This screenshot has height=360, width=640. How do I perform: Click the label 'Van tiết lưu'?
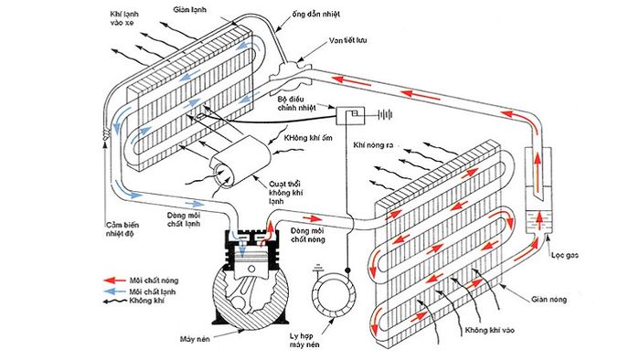point(347,40)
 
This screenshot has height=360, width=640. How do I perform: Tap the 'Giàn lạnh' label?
point(189,9)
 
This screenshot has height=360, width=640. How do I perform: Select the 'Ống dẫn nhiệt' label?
point(315,15)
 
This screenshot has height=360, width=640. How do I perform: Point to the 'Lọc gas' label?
point(564,256)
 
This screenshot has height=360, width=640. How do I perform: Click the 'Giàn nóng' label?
point(549,300)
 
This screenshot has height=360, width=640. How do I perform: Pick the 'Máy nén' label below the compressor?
point(195,339)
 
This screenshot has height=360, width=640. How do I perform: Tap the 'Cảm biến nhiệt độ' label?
point(121,229)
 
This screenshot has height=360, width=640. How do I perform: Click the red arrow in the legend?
point(114,281)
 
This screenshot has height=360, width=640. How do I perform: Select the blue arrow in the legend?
point(114,291)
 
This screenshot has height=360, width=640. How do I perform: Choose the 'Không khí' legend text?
point(146,301)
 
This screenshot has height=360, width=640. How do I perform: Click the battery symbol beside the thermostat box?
point(385,115)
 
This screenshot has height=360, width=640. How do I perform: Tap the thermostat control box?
point(350,116)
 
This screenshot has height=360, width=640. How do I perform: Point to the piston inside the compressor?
point(251,265)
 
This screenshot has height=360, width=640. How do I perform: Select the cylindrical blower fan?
point(240,163)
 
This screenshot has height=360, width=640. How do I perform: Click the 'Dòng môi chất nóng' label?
point(308,235)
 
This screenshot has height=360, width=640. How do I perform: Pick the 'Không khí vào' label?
point(489,330)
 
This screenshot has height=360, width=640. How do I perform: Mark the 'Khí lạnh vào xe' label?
point(124,18)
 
